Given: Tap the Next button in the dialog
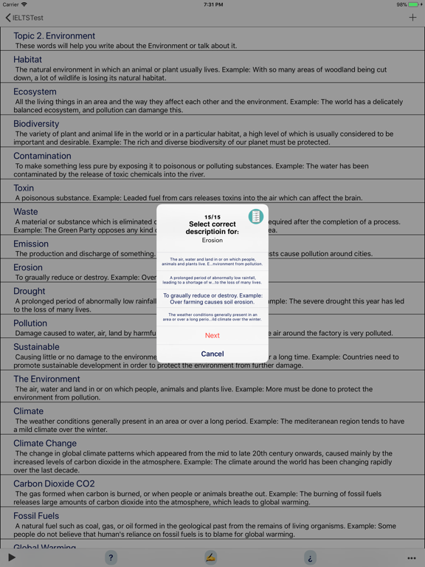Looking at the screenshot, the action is [212, 335].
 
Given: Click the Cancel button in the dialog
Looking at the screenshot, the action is [212, 354].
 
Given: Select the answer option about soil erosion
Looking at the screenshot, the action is [212, 298].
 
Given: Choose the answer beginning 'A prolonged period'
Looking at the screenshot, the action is [212, 279].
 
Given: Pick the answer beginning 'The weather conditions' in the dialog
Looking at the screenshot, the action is [212, 317].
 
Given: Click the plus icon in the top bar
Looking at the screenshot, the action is [412, 18].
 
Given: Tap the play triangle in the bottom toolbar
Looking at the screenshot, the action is [12, 557].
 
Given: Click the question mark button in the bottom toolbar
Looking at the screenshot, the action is [111, 557].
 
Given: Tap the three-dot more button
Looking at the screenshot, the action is [412, 558].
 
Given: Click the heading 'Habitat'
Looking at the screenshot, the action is [28, 59].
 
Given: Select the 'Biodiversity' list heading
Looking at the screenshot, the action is [36, 124].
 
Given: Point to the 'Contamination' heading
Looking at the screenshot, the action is [42, 156].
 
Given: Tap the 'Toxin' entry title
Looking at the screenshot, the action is [24, 188].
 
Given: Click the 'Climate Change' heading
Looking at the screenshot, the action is [45, 444].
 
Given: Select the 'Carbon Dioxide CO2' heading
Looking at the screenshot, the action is [54, 484].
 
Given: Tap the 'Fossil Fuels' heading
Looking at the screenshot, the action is [36, 516].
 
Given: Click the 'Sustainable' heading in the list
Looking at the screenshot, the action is [36, 347].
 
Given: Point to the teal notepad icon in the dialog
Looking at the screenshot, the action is [255, 217].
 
